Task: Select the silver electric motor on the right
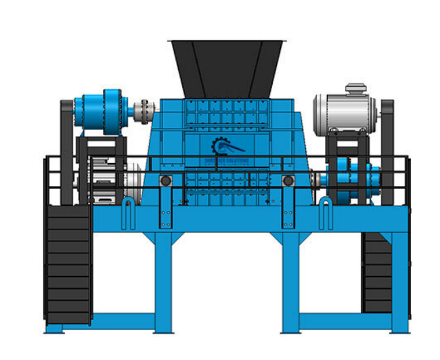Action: (x=344, y=110)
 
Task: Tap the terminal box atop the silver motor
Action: (x=356, y=89)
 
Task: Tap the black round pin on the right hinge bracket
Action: (x=288, y=181)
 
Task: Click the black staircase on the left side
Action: (x=68, y=264)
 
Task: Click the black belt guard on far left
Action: (x=66, y=149)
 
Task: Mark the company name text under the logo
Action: (x=225, y=162)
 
